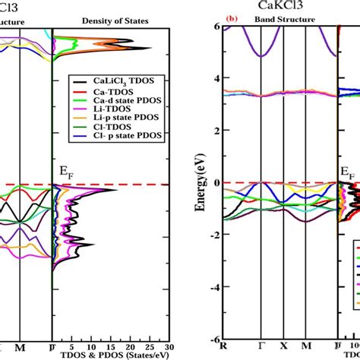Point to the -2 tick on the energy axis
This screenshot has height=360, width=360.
pyautogui.click(x=213, y=235)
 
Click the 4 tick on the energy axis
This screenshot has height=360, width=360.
pyautogui.click(x=215, y=78)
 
